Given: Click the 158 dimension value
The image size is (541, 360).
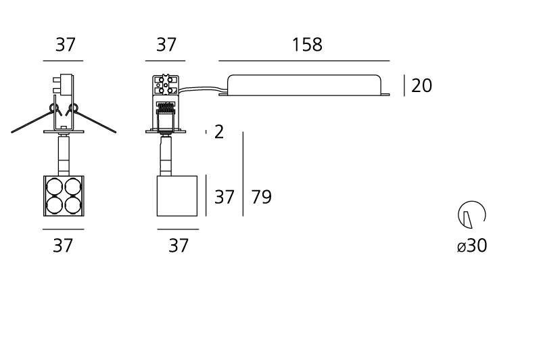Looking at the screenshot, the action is [307, 45].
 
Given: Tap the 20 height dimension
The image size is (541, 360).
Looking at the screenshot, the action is [421, 85].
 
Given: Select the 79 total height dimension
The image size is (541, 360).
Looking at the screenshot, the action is [261, 197].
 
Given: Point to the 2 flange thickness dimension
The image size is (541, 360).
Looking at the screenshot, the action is [218, 132].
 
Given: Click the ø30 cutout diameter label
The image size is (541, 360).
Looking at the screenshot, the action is [472, 246].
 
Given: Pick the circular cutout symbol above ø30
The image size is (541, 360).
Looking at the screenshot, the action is [472, 215].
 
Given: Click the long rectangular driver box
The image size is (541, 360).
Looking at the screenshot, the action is [304, 85].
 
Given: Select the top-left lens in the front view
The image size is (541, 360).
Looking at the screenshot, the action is [55, 187].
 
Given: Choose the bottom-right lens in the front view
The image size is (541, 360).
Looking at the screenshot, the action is [73, 205].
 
